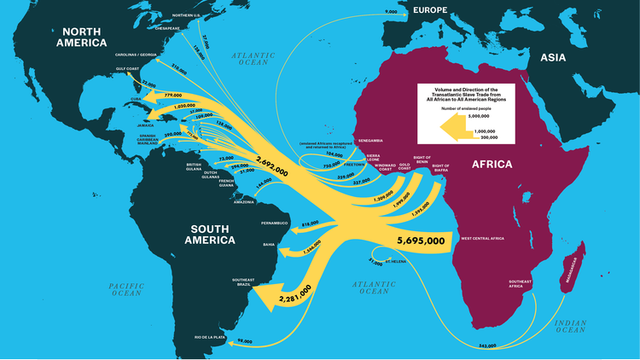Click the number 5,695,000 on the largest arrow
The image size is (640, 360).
coord(421,241)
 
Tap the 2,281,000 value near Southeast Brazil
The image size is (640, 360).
coord(293,298)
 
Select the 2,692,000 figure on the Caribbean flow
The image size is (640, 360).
coord(271,165)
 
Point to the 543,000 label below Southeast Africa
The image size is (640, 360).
coord(487,345)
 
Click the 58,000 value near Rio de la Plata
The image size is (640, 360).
coord(245,341)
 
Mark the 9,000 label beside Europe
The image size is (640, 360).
coord(391,12)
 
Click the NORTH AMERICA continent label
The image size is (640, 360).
coord(83,35)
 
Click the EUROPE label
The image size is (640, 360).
coord(430,9)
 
